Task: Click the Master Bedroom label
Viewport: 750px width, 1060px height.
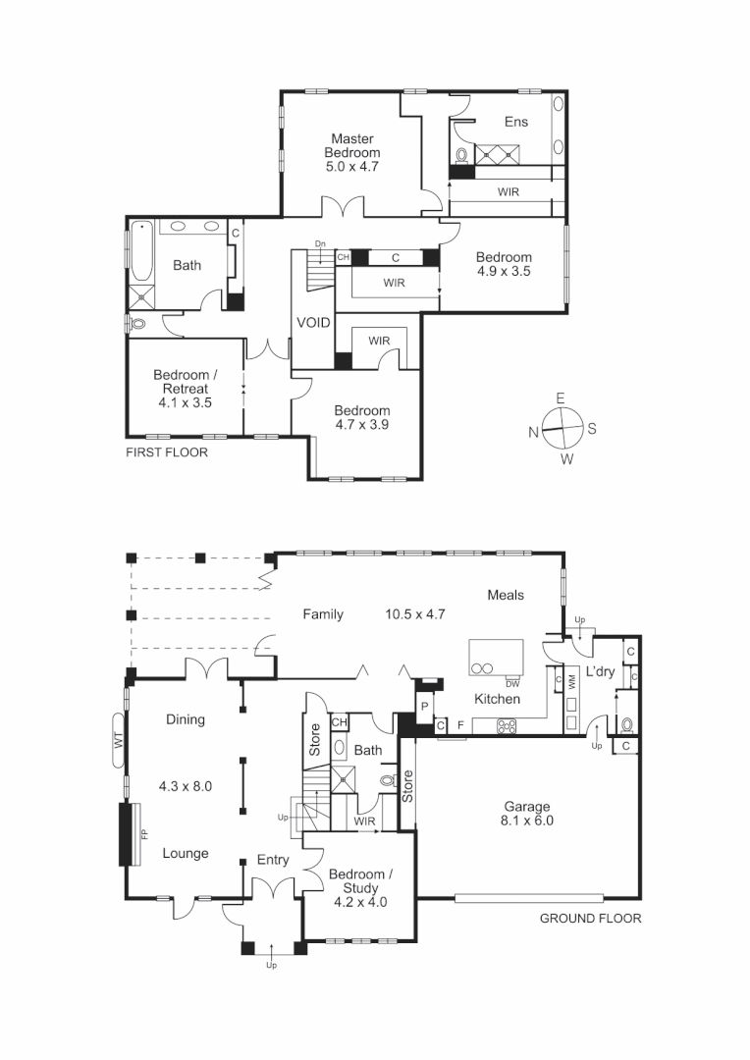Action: [x=352, y=152]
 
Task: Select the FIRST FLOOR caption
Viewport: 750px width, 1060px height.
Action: [x=167, y=453]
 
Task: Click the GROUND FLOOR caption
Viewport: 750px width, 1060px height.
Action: [x=590, y=919]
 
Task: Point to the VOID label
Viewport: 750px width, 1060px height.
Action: [x=313, y=323]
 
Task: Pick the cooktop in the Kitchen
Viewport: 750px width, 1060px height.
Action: [x=508, y=727]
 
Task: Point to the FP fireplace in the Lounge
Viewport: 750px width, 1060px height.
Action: [x=129, y=834]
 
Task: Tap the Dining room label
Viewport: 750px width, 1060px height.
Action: [x=185, y=719]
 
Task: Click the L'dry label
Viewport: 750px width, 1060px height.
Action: [x=600, y=671]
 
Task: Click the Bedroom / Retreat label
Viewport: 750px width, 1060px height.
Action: [x=186, y=388]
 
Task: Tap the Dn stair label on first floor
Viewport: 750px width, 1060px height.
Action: [x=320, y=243]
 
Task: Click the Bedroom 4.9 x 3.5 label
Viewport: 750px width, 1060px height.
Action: [x=504, y=265]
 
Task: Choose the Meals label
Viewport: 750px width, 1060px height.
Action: [x=506, y=595]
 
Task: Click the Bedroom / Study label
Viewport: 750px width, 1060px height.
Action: [x=361, y=888]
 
